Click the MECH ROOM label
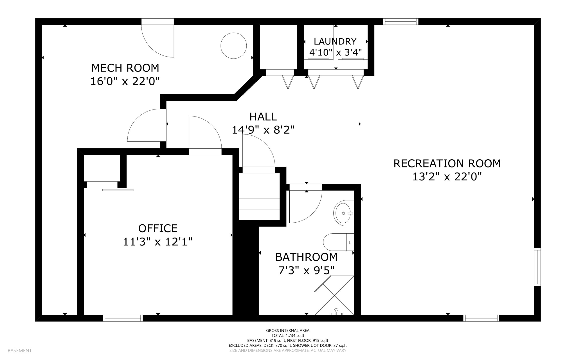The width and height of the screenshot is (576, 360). [x=125, y=68]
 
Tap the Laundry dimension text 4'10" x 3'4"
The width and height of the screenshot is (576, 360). [x=335, y=52]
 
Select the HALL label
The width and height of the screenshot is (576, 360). [x=263, y=117]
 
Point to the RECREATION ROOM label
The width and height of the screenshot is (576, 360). [x=447, y=163]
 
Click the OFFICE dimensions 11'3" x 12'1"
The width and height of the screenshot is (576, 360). [x=157, y=242]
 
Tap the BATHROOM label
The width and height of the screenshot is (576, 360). [x=306, y=257]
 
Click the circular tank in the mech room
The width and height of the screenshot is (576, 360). [x=233, y=46]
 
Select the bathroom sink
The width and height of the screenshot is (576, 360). [x=344, y=213]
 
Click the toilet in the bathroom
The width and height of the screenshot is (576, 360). [x=337, y=242]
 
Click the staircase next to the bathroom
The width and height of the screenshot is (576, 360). [x=259, y=197]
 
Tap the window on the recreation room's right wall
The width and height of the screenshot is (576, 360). [x=537, y=267]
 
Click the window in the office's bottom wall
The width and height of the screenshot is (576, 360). [x=123, y=318]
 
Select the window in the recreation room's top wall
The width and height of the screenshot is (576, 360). [x=400, y=21]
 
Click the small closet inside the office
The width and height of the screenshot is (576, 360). [x=102, y=168]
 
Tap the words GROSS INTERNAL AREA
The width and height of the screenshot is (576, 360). [x=288, y=330]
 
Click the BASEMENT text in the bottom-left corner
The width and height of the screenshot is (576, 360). [x=20, y=350]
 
